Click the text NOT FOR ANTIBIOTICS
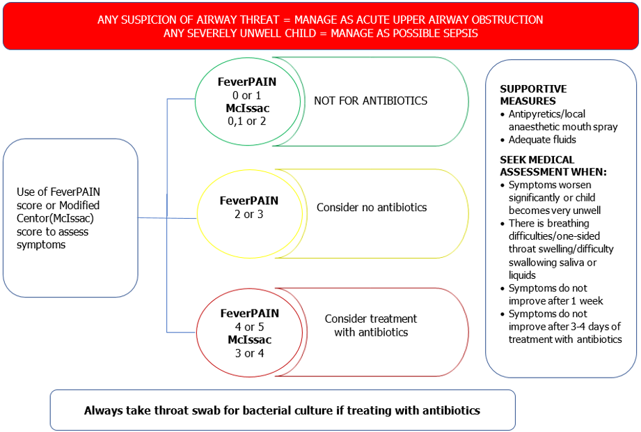point(370,101)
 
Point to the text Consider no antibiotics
point(372,208)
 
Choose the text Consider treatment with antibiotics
point(370,325)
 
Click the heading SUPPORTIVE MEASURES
point(533,95)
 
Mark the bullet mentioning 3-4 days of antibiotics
point(564,327)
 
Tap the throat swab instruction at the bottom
point(282,410)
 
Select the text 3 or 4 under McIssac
point(249,353)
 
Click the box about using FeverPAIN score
point(70,218)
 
